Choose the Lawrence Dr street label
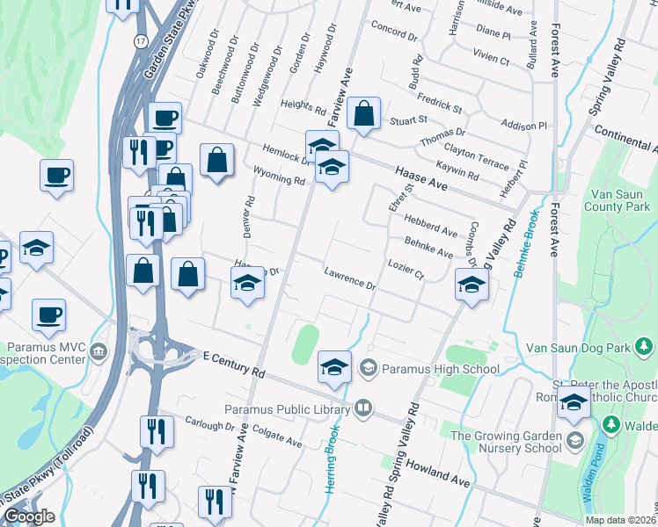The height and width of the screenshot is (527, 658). pyautogui.click(x=349, y=279)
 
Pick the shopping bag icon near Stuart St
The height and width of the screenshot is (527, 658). pyautogui.click(x=363, y=113)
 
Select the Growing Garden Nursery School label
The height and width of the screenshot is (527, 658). pyautogui.click(x=506, y=442)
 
